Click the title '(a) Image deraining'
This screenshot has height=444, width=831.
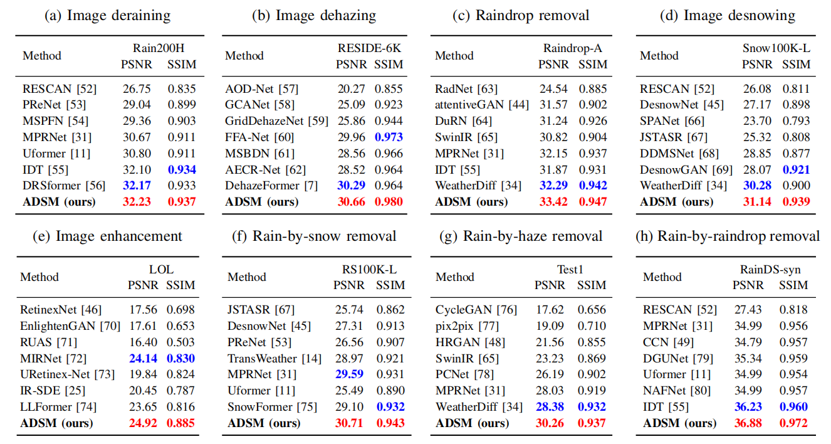[107, 16]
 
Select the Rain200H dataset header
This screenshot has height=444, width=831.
[158, 48]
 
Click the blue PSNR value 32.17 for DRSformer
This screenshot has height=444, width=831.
[136, 186]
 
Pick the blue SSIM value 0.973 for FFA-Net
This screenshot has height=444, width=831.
[389, 137]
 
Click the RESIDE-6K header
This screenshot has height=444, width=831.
[369, 48]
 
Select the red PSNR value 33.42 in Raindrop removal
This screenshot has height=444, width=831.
[554, 202]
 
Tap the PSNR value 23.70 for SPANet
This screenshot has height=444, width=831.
[757, 121]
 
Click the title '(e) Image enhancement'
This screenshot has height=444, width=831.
[107, 236]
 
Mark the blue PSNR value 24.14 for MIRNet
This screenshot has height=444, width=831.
[142, 358]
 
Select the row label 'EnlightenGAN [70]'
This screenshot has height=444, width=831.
[70, 325]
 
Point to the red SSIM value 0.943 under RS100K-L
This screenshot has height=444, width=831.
[390, 423]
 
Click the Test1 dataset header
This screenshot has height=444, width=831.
[570, 268]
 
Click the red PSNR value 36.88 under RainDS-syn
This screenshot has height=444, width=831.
[748, 423]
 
